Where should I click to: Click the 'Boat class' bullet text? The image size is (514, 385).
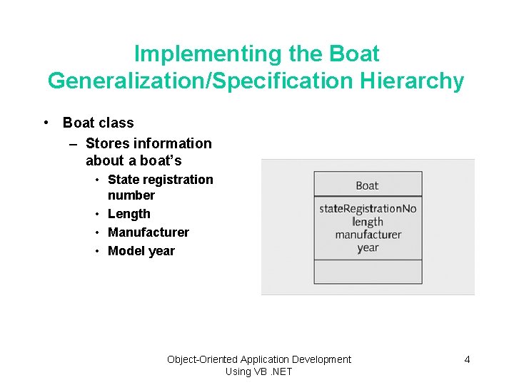(x=98, y=123)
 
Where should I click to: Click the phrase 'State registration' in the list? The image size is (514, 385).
(x=160, y=180)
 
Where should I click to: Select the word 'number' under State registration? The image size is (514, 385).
(x=131, y=195)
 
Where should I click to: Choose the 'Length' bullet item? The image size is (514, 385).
(x=129, y=214)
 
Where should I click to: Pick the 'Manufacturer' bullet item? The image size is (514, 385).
(x=148, y=232)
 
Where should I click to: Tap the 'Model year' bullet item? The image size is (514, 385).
(x=141, y=251)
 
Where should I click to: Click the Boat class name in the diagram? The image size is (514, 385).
(x=367, y=185)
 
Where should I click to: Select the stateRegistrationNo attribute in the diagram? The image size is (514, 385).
(x=368, y=208)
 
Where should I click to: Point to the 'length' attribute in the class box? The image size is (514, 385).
(x=368, y=222)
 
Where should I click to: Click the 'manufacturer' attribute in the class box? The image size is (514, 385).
(x=368, y=235)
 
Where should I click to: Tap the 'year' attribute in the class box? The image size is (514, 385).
(x=368, y=247)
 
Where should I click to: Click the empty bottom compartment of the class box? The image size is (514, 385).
(x=368, y=272)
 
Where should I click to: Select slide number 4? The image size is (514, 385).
(x=467, y=359)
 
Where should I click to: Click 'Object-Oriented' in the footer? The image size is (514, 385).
(x=203, y=359)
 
